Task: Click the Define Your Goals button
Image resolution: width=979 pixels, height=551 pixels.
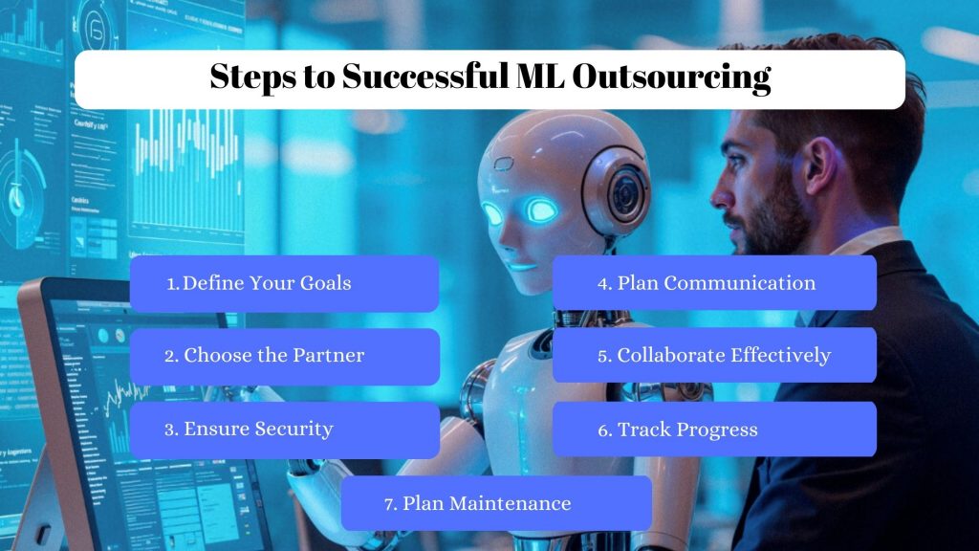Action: click(x=284, y=283)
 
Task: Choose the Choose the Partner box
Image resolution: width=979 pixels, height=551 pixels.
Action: click(x=284, y=356)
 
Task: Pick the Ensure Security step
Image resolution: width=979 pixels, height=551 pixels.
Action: click(x=284, y=430)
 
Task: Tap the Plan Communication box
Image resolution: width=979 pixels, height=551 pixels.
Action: click(x=714, y=283)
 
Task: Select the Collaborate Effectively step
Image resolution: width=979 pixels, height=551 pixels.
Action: click(x=714, y=356)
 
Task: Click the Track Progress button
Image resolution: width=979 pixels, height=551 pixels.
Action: click(x=714, y=430)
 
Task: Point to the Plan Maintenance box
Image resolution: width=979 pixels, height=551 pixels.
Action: click(x=496, y=503)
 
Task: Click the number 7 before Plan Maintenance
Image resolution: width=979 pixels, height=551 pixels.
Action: click(x=389, y=504)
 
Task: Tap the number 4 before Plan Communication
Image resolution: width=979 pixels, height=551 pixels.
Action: click(x=603, y=283)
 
